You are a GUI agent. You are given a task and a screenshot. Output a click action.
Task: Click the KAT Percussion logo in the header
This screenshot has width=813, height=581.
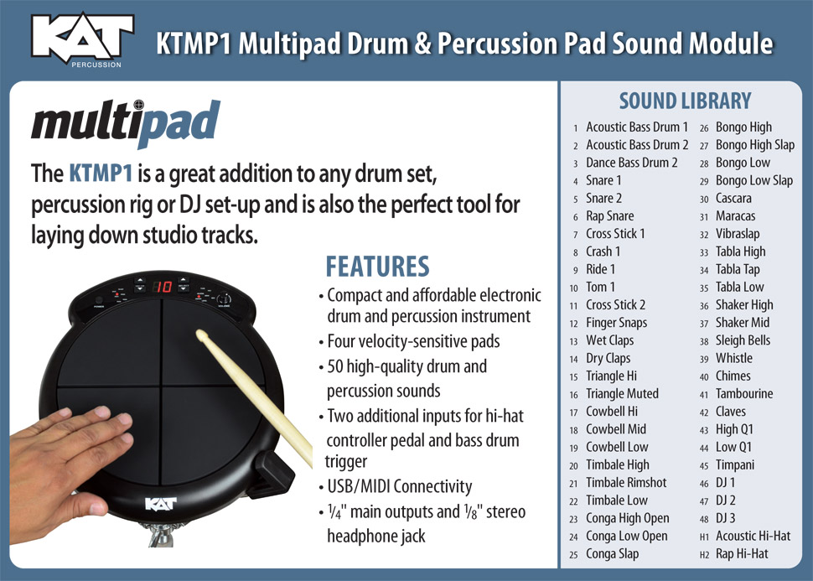[x=82, y=39]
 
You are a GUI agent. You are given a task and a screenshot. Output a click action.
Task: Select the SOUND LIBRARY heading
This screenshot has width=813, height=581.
[x=685, y=101]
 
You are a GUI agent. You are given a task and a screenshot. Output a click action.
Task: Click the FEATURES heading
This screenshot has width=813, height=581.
[x=377, y=267]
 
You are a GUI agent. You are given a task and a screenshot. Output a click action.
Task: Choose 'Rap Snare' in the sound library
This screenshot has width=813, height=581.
[x=609, y=215]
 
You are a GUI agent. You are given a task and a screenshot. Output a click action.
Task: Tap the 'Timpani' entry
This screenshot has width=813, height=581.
[x=734, y=464]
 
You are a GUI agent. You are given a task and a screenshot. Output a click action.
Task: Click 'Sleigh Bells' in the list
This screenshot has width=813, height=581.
[x=743, y=340]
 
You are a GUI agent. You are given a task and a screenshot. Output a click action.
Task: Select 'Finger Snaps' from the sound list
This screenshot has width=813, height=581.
[x=616, y=323]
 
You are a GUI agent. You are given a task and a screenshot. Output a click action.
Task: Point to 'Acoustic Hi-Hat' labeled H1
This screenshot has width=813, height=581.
[x=753, y=536]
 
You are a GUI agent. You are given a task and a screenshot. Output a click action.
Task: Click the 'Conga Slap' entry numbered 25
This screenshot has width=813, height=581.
[x=612, y=553]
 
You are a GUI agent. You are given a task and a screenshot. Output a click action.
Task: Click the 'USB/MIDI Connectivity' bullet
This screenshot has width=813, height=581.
[x=399, y=486]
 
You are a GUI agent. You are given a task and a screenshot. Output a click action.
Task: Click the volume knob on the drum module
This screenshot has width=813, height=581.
[x=224, y=299]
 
